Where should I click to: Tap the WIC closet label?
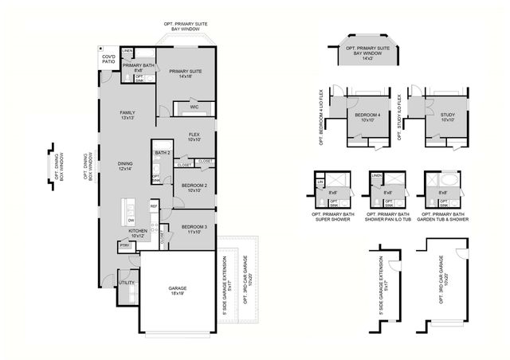(x=194, y=107)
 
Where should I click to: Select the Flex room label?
(x=194, y=137)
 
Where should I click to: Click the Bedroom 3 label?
(x=193, y=229)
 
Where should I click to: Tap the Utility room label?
(x=126, y=283)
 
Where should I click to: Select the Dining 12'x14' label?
(x=125, y=166)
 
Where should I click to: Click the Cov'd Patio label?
(x=108, y=60)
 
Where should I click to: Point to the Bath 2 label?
(x=163, y=153)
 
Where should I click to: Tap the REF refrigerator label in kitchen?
(x=154, y=206)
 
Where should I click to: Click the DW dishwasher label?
(x=131, y=220)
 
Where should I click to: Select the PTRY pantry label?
(x=125, y=246)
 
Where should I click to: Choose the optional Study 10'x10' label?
(x=447, y=118)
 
